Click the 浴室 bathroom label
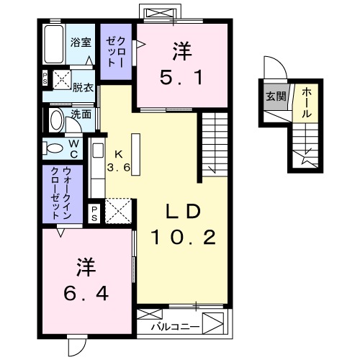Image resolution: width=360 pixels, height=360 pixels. click(x=81, y=42)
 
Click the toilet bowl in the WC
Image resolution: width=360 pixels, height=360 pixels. click(x=54, y=149)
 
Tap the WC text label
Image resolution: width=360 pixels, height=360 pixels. click(x=73, y=148)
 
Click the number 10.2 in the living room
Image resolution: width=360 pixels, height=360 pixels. click(x=183, y=236)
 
